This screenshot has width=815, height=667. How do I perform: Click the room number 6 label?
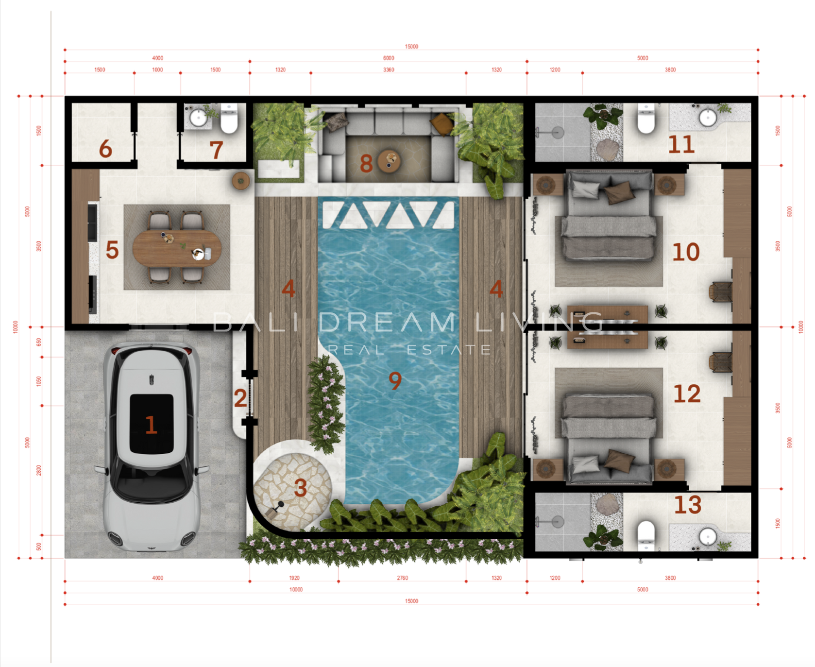(x=105, y=149)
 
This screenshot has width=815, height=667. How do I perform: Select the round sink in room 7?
(x=198, y=118)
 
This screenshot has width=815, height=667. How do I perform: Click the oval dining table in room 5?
(x=177, y=248)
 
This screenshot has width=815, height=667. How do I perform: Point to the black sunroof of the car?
(x=152, y=424)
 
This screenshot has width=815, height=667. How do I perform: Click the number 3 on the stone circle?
(x=301, y=488)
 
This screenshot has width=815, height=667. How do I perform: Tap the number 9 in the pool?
(x=395, y=380)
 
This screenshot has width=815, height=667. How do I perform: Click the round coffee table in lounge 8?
(x=390, y=161)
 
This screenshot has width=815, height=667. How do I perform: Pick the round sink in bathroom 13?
(x=708, y=537)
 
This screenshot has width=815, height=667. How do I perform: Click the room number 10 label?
(x=686, y=252)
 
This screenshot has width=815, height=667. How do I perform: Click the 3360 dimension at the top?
(x=389, y=70)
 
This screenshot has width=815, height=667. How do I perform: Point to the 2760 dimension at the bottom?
(x=403, y=578)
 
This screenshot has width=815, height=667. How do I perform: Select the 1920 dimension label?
(x=294, y=578)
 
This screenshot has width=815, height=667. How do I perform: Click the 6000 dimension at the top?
(x=389, y=58)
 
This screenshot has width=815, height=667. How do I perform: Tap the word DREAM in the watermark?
(x=387, y=322)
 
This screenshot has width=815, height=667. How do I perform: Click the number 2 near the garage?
(x=240, y=398)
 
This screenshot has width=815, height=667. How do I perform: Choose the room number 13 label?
(x=688, y=505)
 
